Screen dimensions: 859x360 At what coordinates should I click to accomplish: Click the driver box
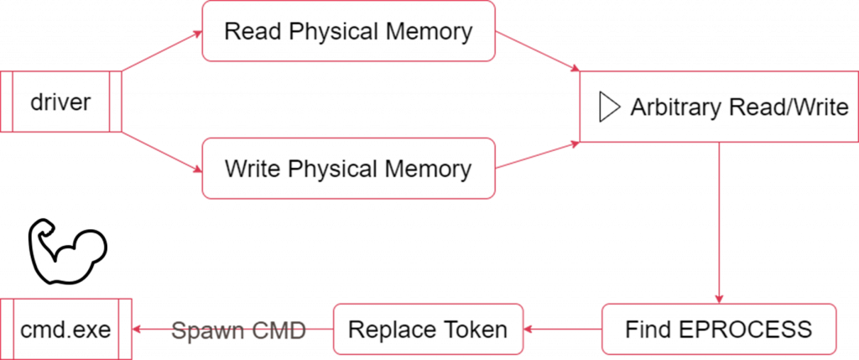(60, 102)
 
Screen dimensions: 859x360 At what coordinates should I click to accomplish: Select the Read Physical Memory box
(348, 32)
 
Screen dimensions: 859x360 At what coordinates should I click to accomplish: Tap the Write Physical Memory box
(348, 169)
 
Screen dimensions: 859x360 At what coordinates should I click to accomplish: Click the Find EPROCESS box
(719, 329)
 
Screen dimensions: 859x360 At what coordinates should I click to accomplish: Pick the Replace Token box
(428, 329)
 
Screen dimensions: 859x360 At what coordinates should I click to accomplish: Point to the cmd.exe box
(65, 329)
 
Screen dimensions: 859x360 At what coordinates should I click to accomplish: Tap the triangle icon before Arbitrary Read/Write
(608, 107)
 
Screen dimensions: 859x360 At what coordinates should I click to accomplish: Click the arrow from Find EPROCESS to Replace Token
(562, 329)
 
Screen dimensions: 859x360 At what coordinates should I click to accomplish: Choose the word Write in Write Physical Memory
(252, 169)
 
